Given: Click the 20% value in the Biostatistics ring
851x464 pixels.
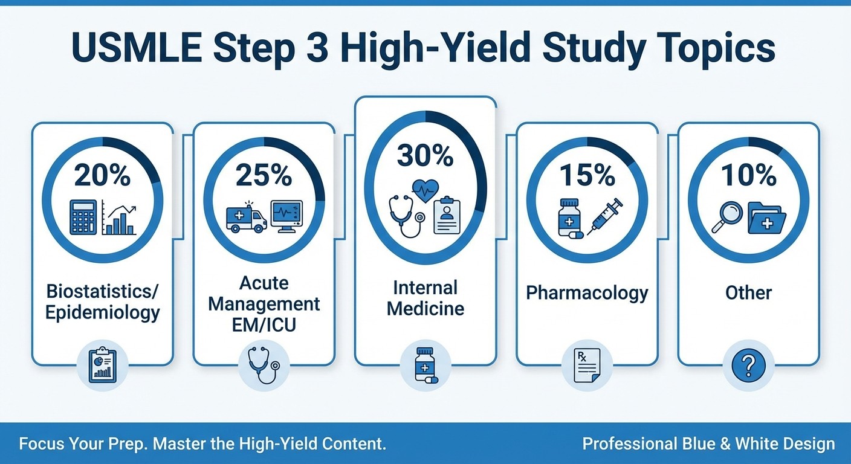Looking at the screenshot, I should (x=102, y=175).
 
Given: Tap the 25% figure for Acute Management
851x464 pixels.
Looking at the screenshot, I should (x=264, y=175).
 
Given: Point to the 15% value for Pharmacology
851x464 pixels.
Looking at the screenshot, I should (x=587, y=175).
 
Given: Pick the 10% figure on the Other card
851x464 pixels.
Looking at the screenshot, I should (x=748, y=175).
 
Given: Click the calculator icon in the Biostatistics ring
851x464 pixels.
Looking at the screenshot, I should (x=83, y=217).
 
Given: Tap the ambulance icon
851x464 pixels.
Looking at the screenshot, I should (x=246, y=217).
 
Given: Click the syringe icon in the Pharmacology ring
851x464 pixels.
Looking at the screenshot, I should (x=605, y=216).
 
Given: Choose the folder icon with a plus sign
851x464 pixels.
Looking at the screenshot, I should (x=766, y=218).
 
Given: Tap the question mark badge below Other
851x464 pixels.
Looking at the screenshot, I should (x=748, y=365).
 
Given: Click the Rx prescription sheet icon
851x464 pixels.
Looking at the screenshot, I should (x=587, y=365).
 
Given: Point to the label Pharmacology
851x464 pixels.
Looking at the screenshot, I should (x=587, y=293).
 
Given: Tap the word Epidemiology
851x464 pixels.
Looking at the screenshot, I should (x=102, y=312).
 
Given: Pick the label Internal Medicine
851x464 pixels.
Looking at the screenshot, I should (x=425, y=298).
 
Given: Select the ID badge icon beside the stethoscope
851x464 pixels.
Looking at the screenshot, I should (x=447, y=216).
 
